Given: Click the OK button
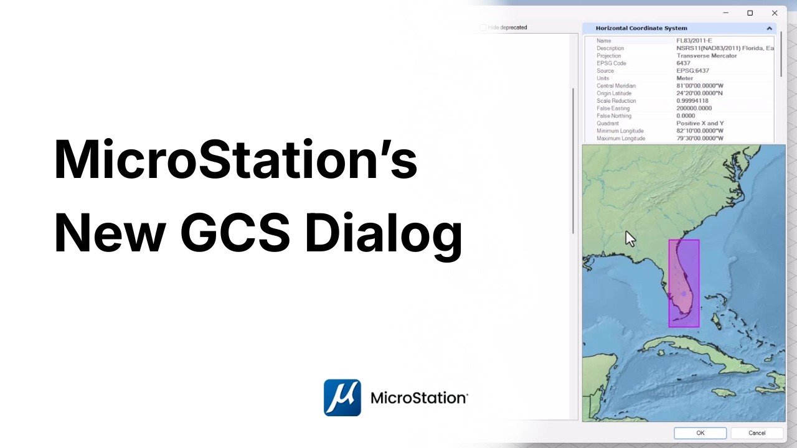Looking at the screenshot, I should (700, 433).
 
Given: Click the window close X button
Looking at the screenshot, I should (775, 13).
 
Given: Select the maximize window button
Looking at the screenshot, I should (750, 13).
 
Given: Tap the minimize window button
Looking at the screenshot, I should (725, 13).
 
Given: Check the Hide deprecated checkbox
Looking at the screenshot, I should (483, 28).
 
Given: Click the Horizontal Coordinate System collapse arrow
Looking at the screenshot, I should (769, 29).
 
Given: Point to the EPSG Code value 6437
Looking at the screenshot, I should (683, 63).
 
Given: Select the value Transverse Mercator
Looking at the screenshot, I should (706, 56).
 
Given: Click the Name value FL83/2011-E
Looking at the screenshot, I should (694, 41).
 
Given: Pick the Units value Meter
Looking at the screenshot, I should (684, 78).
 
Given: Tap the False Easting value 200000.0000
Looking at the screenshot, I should (694, 108).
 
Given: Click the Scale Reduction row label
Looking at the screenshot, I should (616, 101).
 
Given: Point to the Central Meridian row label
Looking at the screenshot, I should (616, 86).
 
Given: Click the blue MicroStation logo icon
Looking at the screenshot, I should (342, 398).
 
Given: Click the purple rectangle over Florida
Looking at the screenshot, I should (684, 283).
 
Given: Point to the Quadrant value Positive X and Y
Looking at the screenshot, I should (700, 123).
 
